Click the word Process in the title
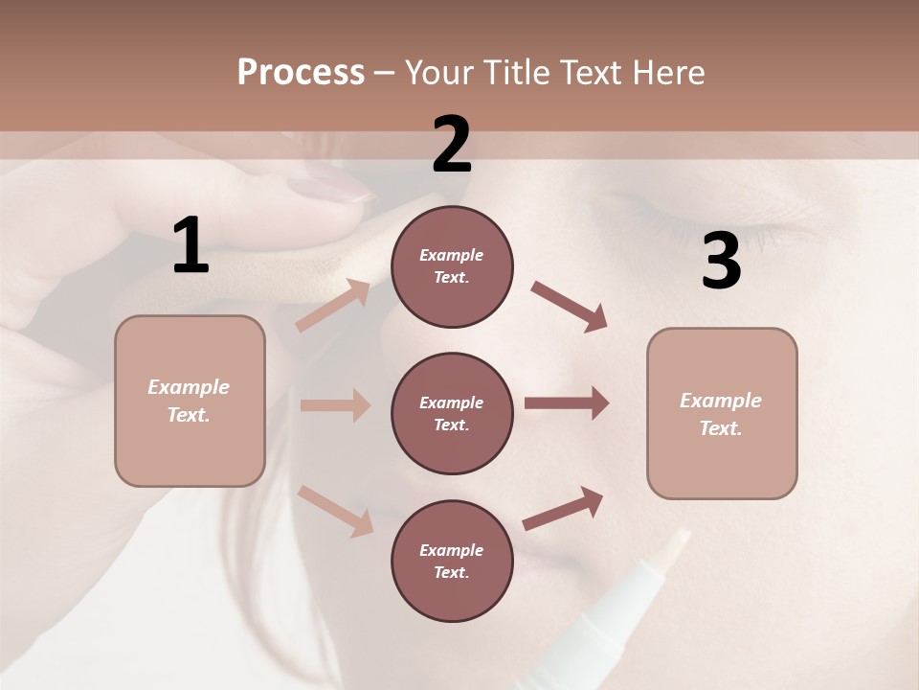pos(301,73)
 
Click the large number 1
pos(191,246)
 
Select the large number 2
pos(452,145)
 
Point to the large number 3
pos(721,262)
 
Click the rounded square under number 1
pos(190,401)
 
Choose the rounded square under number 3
pos(722,413)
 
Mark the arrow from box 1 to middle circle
pos(335,405)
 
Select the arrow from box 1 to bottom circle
pos(335,510)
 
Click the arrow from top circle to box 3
pos(570,307)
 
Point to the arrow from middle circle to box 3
pos(567,403)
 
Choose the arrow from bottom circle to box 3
pos(563,508)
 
